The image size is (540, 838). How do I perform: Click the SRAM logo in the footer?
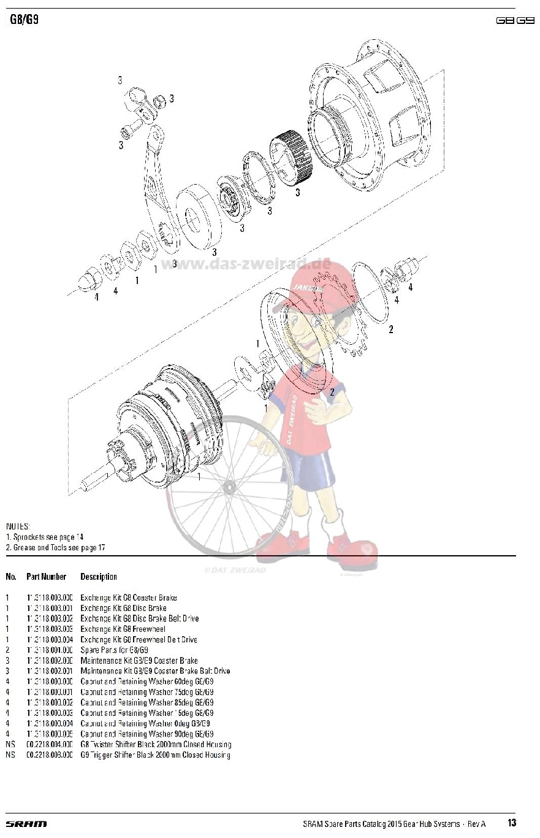click(x=26, y=823)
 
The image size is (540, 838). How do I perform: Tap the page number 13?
click(x=512, y=823)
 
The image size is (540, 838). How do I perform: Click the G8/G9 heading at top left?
click(x=25, y=20)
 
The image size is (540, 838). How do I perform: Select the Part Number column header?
click(x=46, y=577)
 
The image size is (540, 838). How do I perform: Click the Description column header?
click(x=99, y=577)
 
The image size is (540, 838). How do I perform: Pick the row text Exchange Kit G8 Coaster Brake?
click(x=128, y=598)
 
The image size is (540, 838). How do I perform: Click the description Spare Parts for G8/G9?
click(x=115, y=650)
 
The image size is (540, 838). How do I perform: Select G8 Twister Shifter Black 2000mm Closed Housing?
click(x=156, y=744)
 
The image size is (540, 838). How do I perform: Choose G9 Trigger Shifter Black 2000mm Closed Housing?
click(x=155, y=755)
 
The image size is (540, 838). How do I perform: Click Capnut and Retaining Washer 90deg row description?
click(x=147, y=734)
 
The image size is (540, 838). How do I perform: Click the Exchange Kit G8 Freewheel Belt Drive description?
click(x=139, y=639)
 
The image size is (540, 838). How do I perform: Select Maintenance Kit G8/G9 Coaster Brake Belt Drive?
click(x=155, y=671)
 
